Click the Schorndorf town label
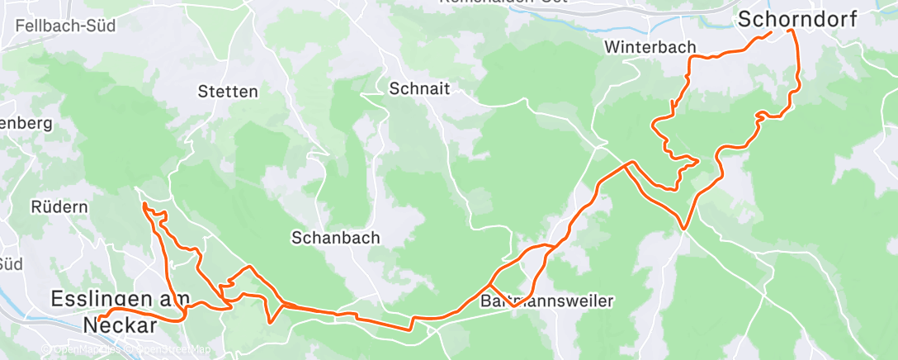(x=797, y=18)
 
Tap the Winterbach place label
(x=650, y=47)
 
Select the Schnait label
(x=420, y=89)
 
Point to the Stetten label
(x=228, y=92)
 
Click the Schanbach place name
(x=335, y=238)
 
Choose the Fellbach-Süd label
(x=64, y=26)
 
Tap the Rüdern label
(x=59, y=207)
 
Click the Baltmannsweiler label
(x=546, y=301)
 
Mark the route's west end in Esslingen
(x=99, y=318)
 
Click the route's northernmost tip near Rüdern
(x=144, y=203)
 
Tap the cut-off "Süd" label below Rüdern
(x=11, y=264)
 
